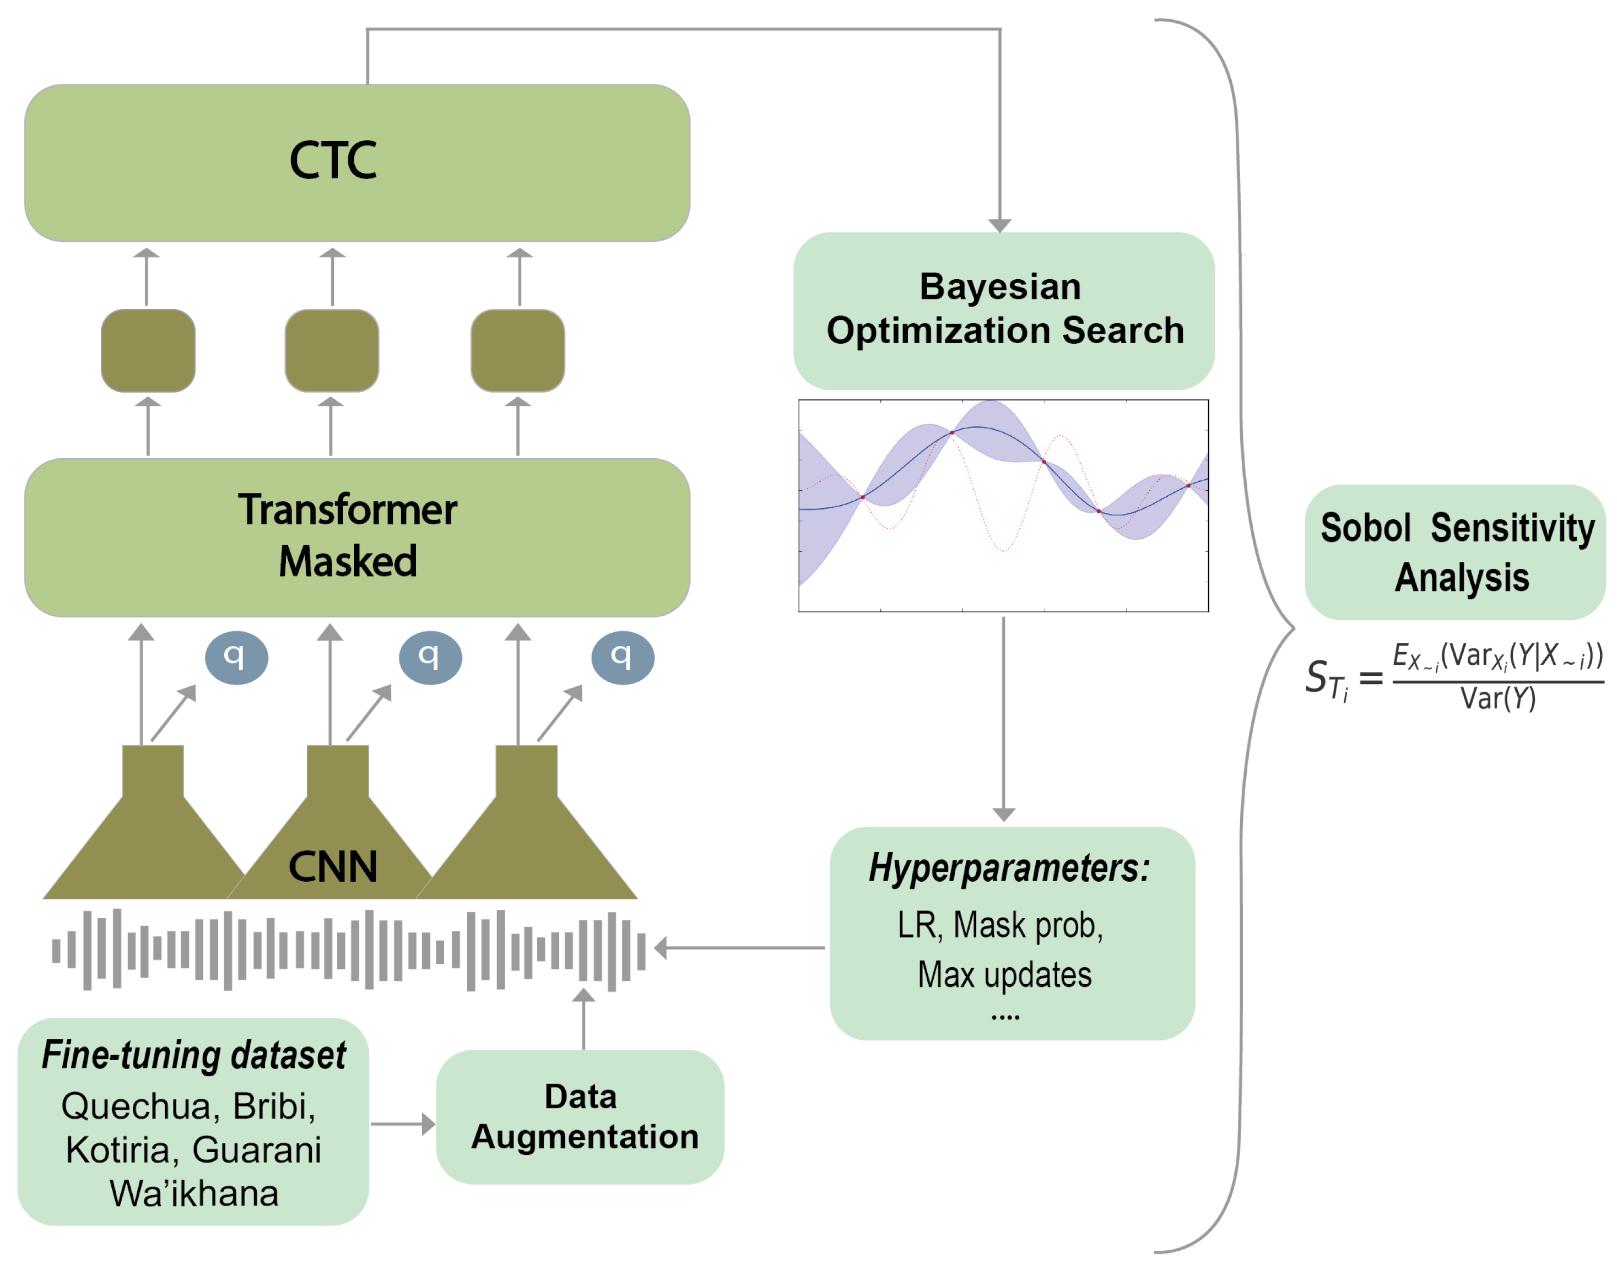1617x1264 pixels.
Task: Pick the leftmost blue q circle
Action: pos(236,657)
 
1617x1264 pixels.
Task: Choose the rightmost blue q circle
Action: pos(623,657)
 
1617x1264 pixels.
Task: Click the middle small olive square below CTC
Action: pos(332,351)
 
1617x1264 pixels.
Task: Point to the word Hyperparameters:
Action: pos(1009,868)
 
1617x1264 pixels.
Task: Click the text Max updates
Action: pos(1005,975)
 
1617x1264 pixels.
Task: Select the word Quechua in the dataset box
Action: pos(136,1106)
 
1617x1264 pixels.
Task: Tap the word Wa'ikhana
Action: pos(194,1193)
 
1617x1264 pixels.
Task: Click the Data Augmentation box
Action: pos(581,1117)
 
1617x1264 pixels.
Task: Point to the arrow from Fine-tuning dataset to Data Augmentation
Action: pos(403,1124)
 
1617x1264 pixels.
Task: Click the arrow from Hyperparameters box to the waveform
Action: pos(740,947)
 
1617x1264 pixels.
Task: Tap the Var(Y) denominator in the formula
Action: pos(1498,698)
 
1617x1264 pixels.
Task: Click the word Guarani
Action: pos(256,1150)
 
